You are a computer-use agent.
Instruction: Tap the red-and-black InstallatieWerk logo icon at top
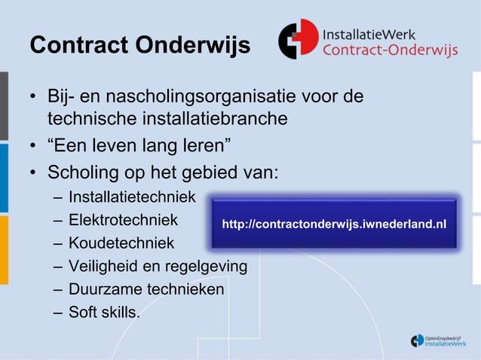[x=298, y=39]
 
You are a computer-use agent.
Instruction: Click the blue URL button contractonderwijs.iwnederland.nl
[x=333, y=224]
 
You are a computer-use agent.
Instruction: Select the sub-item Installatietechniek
[x=131, y=197]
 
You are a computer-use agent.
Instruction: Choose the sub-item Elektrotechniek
[x=123, y=221]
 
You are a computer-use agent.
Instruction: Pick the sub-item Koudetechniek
[x=121, y=243]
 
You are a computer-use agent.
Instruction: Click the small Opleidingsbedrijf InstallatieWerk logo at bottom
[x=438, y=340]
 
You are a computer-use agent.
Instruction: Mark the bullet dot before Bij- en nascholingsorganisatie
[x=35, y=99]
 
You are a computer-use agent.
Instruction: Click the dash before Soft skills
[x=58, y=312]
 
